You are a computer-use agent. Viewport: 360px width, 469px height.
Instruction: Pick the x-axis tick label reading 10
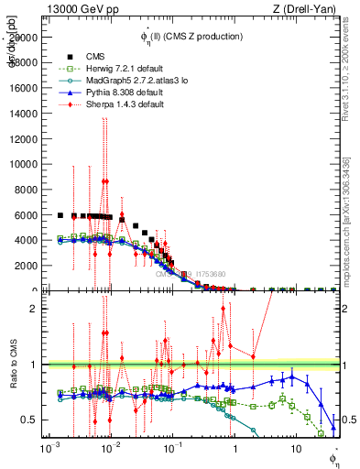295,451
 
